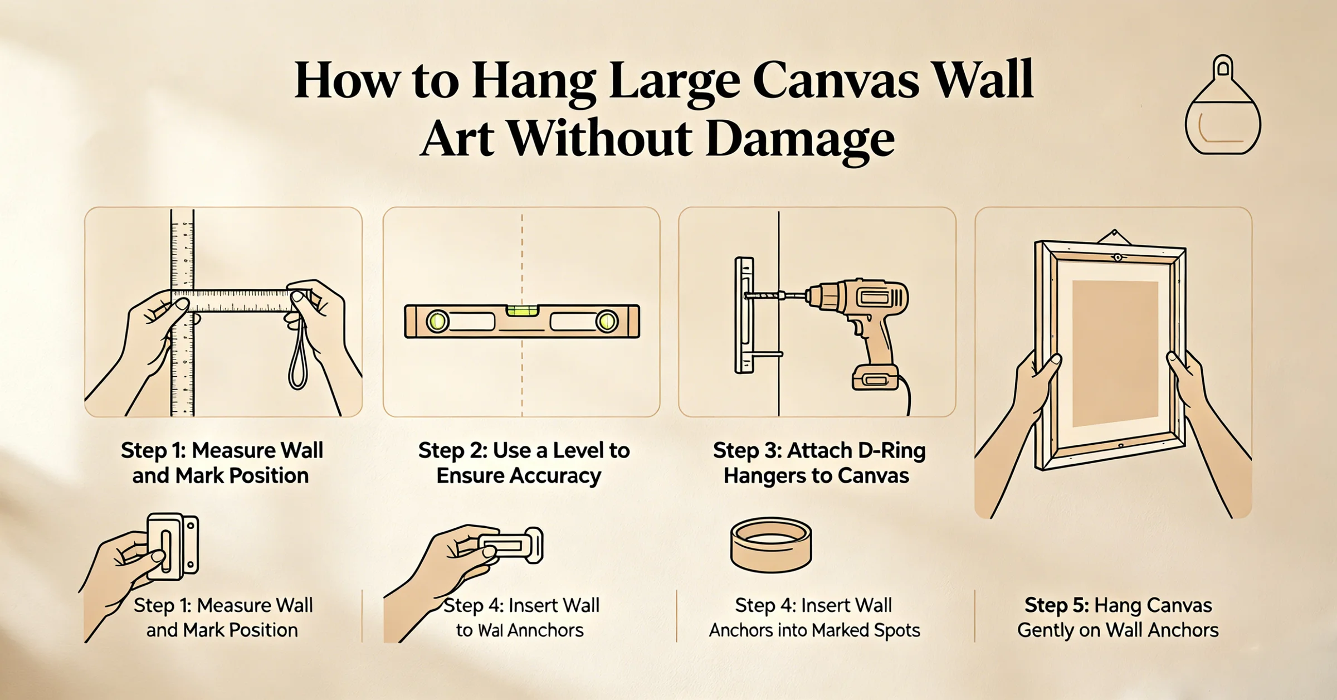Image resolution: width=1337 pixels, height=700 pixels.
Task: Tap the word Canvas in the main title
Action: click(x=836, y=81)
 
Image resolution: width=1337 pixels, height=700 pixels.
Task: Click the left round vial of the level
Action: click(x=437, y=322)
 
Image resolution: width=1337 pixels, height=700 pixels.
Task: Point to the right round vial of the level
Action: click(x=607, y=322)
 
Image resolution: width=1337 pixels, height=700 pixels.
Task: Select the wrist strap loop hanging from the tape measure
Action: click(x=298, y=357)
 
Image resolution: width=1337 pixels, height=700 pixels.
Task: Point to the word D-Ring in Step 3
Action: click(x=892, y=450)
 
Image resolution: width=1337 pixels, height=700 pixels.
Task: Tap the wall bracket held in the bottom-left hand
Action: click(x=173, y=546)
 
